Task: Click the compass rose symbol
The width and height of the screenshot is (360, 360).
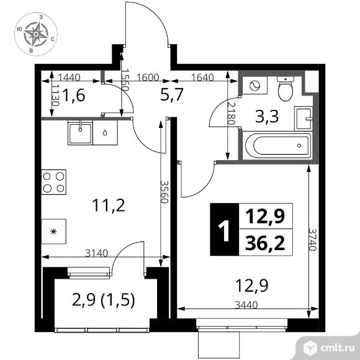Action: [x=36, y=34]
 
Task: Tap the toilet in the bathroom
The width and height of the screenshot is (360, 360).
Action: [x=286, y=89]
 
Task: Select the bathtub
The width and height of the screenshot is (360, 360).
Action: [x=278, y=145]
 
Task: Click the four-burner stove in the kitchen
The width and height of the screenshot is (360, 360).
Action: [x=54, y=182]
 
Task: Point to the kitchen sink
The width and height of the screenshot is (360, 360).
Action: [x=80, y=132]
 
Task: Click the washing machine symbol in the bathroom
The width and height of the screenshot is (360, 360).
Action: [x=254, y=86]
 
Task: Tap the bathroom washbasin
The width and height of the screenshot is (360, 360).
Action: [x=304, y=119]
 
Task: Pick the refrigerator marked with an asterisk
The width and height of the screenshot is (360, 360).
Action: [x=54, y=232]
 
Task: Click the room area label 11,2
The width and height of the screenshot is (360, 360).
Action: [x=109, y=205]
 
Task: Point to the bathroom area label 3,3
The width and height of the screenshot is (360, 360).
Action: [x=267, y=117]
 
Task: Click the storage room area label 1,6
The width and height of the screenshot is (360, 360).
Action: [x=73, y=96]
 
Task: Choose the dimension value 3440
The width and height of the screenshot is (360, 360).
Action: [x=246, y=305]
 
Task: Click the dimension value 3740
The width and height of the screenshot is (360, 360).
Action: [x=312, y=239]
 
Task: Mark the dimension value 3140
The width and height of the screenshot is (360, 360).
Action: [x=96, y=253]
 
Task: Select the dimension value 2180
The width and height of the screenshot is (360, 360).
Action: [x=231, y=113]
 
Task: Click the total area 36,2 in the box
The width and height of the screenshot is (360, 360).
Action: [x=265, y=243]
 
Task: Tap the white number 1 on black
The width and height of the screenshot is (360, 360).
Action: [x=224, y=230]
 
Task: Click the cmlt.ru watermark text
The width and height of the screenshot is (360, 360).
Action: [x=337, y=348]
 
